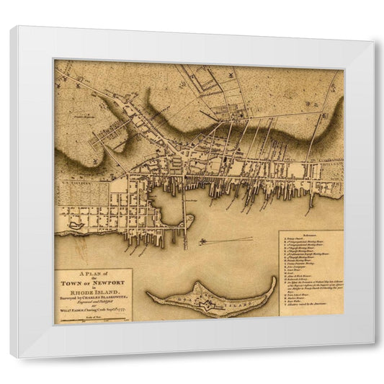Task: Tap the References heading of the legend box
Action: tap(311, 235)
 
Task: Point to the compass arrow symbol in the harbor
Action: tap(206, 241)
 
